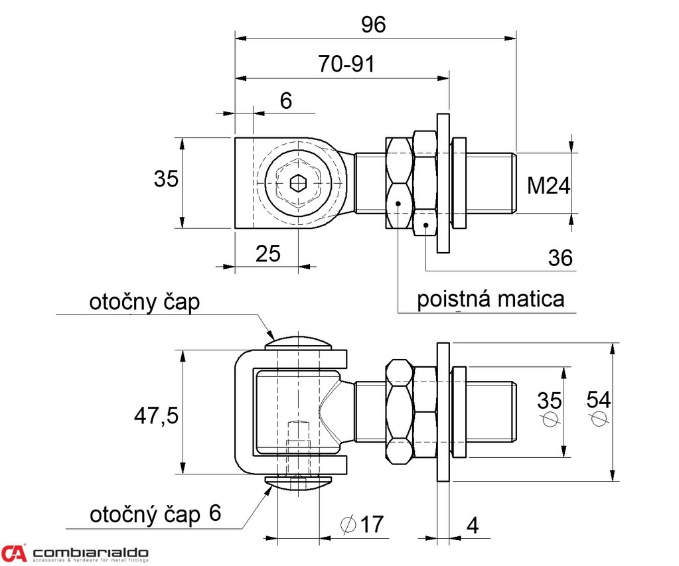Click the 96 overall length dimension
[373, 25]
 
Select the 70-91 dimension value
[346, 64]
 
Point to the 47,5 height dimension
[156, 416]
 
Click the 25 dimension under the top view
[268, 253]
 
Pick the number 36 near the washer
[561, 257]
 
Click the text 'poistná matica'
[490, 299]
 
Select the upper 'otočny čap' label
[144, 302]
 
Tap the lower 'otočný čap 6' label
[155, 514]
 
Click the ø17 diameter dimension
[362, 524]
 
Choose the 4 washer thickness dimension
[473, 525]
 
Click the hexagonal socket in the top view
[299, 180]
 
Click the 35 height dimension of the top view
[167, 178]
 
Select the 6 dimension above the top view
[286, 100]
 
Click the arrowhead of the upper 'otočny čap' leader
[271, 336]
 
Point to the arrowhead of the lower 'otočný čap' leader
[270, 489]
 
